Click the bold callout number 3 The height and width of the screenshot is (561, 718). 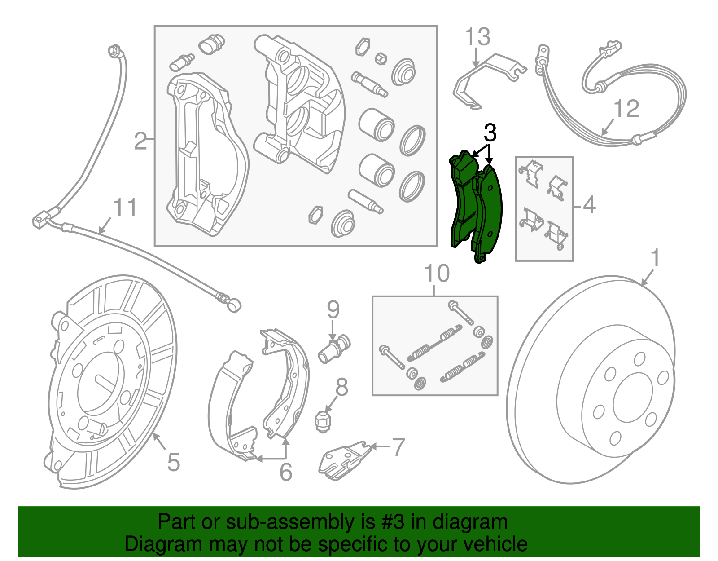[490, 133]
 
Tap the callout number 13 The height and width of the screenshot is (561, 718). [477, 37]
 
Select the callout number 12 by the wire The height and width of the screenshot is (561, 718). [626, 109]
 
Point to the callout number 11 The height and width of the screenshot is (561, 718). [125, 208]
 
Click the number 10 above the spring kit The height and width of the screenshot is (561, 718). [437, 274]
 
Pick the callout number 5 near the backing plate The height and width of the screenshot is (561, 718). [174, 462]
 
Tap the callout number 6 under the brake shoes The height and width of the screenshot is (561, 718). [286, 472]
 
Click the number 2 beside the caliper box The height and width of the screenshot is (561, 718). [140, 141]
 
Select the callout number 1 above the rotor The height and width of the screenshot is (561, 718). [656, 258]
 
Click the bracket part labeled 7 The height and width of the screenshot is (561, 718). [343, 459]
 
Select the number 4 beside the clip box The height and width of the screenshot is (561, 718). [589, 205]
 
